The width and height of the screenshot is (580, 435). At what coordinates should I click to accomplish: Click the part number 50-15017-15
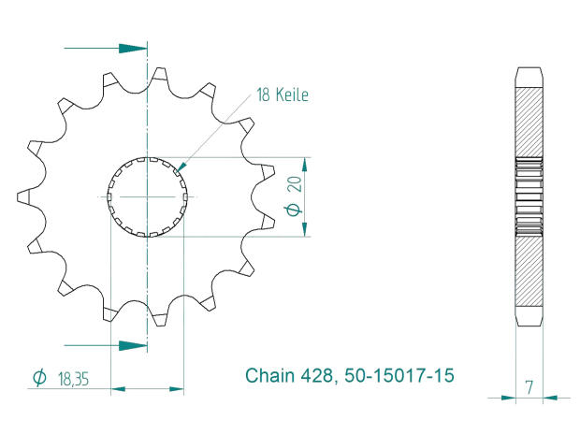[399, 377]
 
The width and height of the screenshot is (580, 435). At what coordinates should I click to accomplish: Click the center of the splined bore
[148, 196]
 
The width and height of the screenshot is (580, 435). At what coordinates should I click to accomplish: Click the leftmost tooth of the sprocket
[23, 196]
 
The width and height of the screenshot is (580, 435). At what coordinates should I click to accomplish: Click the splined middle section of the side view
[529, 196]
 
